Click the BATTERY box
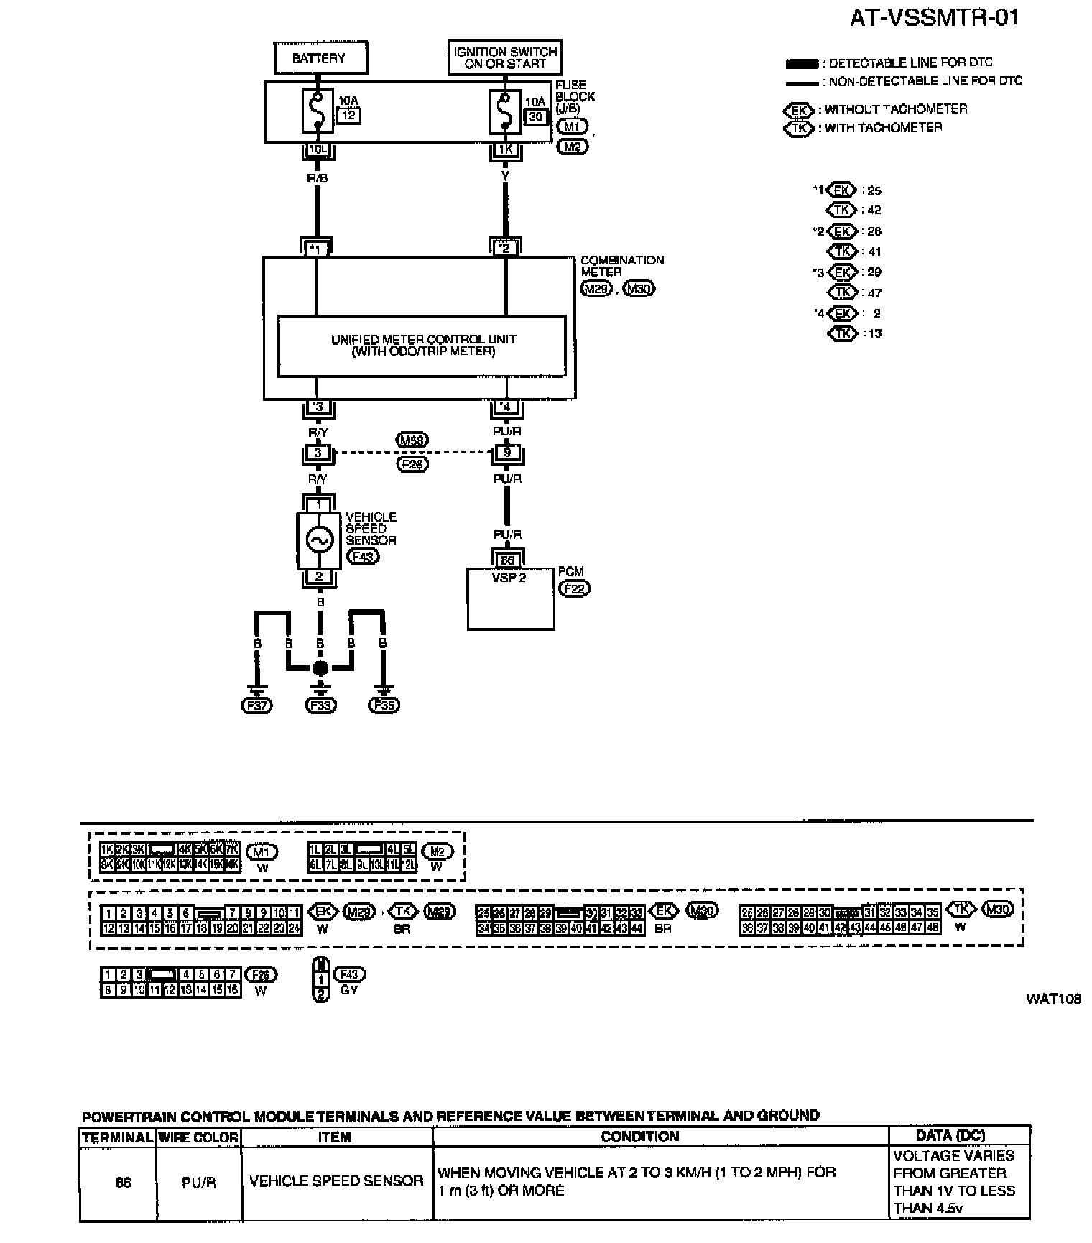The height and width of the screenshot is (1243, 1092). pos(320,58)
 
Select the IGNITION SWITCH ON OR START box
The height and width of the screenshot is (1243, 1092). pos(505,57)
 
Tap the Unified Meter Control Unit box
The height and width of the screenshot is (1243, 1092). pos(422,346)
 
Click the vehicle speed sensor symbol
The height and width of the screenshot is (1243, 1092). pos(319,540)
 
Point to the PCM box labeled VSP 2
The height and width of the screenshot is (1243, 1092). pos(510,599)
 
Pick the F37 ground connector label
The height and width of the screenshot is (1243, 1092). pos(256,706)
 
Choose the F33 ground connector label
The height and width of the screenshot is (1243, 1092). pos(320,706)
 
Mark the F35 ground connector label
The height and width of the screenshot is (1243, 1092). pos(384,706)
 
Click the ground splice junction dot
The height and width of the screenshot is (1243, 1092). pos(320,668)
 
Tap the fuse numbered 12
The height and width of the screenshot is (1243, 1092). pos(318,111)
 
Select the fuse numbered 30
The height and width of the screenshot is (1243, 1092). pos(505,111)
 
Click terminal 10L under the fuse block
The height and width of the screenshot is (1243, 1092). pos(317,150)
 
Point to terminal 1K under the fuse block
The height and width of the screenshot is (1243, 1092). pos(505,150)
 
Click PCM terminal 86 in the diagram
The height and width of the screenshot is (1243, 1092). pos(507,560)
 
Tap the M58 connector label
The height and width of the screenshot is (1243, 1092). pos(412,440)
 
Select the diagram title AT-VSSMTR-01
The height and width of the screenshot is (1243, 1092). pos(934,18)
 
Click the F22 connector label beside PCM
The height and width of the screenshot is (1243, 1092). pos(574,588)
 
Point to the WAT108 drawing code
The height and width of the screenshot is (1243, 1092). pos(1054,999)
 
